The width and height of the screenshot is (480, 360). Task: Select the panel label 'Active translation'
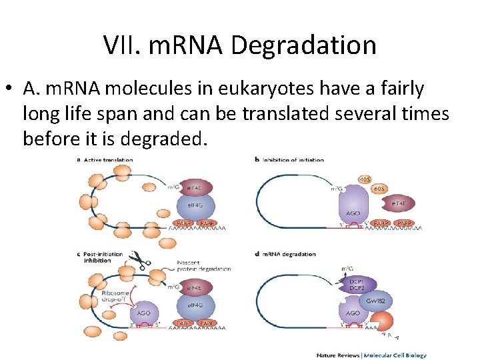click(108, 160)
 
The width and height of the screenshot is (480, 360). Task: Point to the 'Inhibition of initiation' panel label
click(293, 160)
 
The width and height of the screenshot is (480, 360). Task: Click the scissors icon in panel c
click(139, 257)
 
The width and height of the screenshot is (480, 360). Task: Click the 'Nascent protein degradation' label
click(205, 265)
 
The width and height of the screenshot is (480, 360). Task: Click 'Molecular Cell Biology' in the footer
click(390, 355)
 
